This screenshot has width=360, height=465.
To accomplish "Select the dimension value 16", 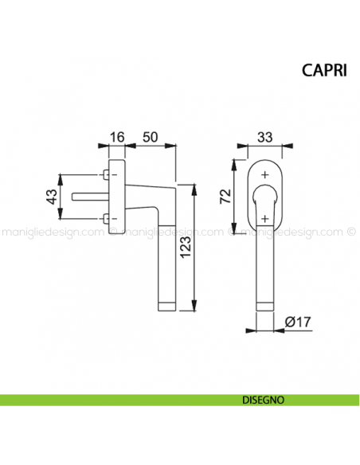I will (x=117, y=137).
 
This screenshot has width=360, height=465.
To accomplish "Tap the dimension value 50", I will (x=148, y=137).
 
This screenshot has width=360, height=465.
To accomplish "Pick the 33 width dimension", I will (x=264, y=137).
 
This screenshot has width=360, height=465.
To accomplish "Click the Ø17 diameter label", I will (x=297, y=322).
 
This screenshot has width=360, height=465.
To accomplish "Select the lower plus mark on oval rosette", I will (x=264, y=217).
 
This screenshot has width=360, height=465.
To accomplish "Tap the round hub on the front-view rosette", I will (x=264, y=196).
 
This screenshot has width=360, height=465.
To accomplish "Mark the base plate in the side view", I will (x=118, y=197).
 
